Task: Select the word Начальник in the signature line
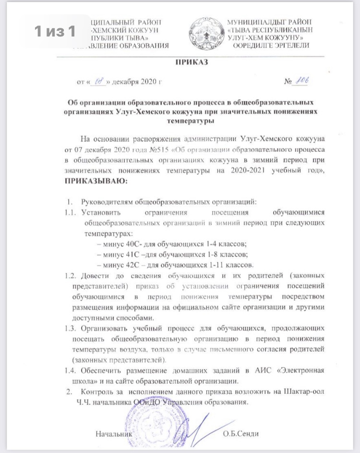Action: (x=113, y=434)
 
